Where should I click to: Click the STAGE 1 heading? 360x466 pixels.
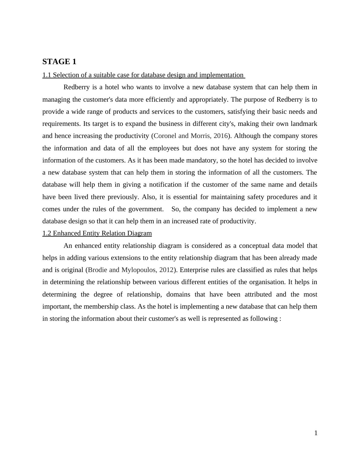pos(59,62)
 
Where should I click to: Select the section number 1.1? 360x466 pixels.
pos(47,75)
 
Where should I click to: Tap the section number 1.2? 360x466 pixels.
pos(47,233)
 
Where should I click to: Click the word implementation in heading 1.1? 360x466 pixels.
pos(221,75)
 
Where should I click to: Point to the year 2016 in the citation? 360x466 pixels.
pos(221,136)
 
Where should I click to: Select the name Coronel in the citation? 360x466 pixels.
pos(165,136)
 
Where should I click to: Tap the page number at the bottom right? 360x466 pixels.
pos(316,433)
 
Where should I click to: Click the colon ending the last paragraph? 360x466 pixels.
pos(280,319)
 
